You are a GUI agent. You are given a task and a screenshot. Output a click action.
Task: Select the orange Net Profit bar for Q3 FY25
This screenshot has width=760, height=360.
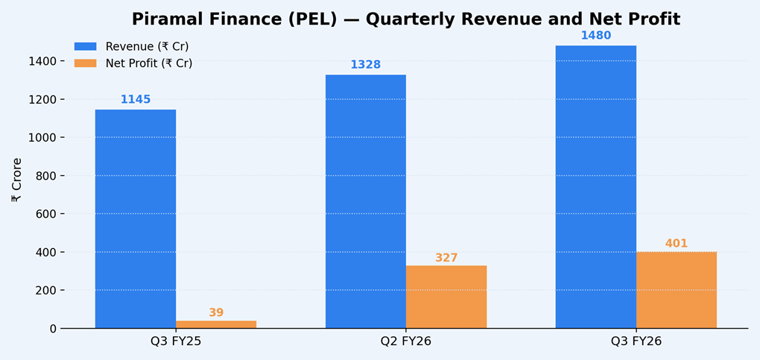[216, 324]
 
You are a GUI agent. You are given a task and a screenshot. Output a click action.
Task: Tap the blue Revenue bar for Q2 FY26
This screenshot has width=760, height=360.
[366, 201]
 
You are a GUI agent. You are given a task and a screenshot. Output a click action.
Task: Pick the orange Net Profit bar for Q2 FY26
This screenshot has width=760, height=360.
[446, 297]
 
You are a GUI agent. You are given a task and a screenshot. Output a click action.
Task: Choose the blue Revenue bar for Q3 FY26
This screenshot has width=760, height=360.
[596, 186]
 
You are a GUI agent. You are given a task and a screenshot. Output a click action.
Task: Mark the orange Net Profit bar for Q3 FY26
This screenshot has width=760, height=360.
[677, 290]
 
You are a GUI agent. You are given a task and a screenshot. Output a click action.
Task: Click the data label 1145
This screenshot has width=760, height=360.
[136, 100]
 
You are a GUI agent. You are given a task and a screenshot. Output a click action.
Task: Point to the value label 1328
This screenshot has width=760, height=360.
[366, 65]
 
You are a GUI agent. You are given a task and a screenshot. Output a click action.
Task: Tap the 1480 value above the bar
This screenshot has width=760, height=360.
[596, 36]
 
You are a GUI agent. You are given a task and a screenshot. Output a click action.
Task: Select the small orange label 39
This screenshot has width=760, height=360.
[216, 313]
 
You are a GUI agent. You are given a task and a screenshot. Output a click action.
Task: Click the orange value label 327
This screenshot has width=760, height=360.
[446, 258]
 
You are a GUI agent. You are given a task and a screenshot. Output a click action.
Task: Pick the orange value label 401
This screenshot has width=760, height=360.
[677, 244]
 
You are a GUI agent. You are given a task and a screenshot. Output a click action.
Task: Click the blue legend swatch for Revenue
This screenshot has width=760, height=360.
[85, 46]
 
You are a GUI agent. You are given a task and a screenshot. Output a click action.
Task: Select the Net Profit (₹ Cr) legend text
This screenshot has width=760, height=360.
[149, 63]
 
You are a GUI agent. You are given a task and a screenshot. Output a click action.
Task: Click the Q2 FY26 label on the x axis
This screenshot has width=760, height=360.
[406, 342]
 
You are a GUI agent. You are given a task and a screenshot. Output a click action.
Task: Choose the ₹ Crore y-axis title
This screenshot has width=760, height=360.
[16, 180]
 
